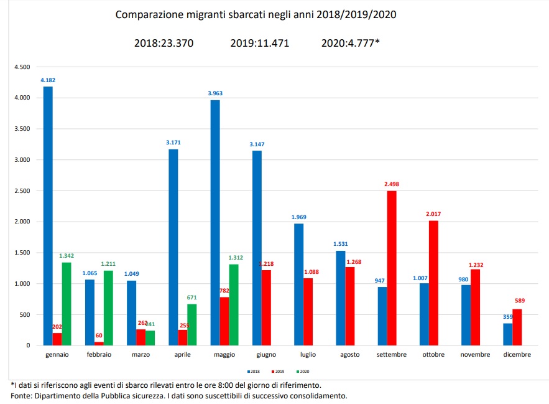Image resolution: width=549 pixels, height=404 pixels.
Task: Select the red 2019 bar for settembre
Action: (392, 268)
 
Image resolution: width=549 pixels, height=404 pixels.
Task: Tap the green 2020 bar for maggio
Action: (234, 304)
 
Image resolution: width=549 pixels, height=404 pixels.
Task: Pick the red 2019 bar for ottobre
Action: (433, 283)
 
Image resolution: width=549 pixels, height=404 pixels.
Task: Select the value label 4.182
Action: (48, 81)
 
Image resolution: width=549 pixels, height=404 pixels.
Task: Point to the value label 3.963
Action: (215, 93)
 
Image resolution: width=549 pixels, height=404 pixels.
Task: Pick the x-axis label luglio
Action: (308, 355)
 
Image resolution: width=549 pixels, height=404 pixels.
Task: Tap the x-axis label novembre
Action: (475, 355)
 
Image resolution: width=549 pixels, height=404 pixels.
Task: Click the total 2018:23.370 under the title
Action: (164, 43)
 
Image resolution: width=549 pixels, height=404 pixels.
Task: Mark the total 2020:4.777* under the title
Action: (351, 43)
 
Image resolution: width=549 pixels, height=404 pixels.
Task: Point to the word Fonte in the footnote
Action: (22, 396)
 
